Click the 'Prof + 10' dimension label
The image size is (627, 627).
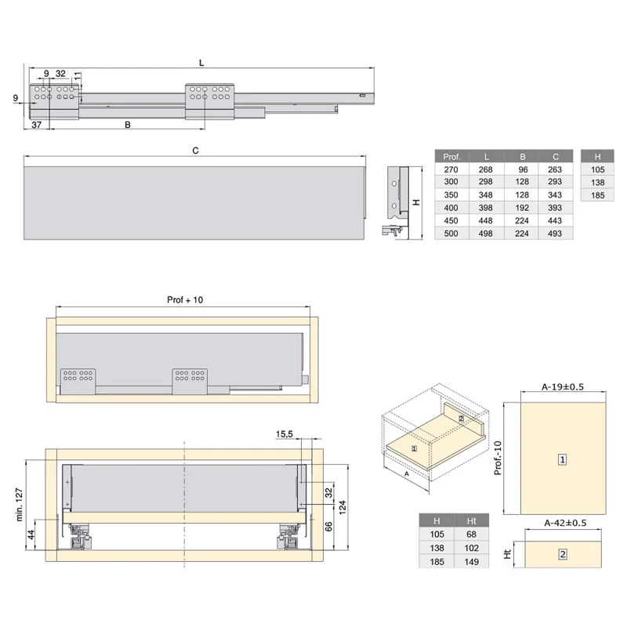185,299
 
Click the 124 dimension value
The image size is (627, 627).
342,513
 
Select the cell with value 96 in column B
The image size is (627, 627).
522,169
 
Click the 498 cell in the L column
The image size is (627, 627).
487,234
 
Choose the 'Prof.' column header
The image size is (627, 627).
451,155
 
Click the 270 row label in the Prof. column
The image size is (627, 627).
451,169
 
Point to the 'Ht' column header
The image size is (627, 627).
472,521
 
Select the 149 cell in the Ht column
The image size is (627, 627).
472,562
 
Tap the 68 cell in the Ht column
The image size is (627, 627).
472,535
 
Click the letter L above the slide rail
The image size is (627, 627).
201,61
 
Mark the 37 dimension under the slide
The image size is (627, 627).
36,125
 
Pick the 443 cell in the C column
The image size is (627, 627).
556,220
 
